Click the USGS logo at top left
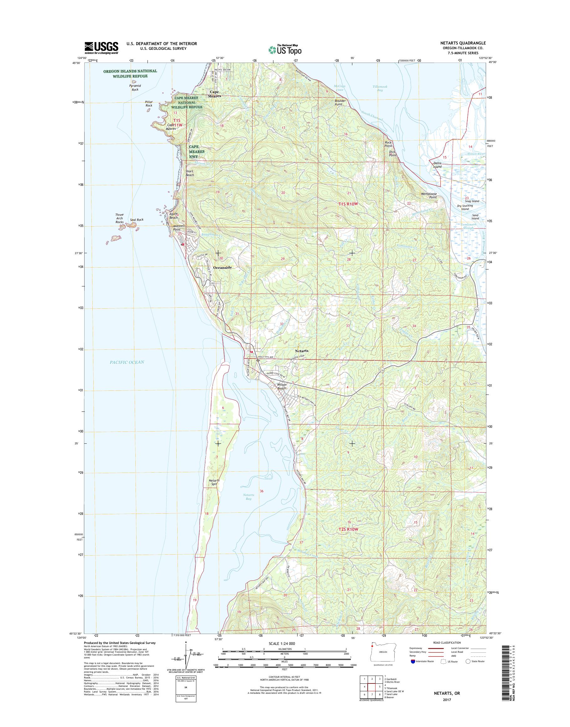point(101,48)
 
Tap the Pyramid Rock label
point(135,87)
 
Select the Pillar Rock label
point(148,103)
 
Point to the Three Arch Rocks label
point(119,218)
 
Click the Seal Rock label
point(137,220)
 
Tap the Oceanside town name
point(222,268)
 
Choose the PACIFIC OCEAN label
point(127,362)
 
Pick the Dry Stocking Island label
point(465,207)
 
